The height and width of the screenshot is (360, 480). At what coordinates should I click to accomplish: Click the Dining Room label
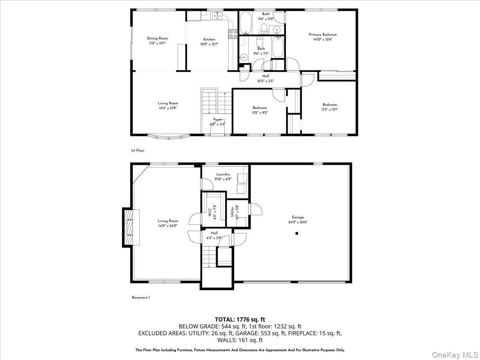(157, 38)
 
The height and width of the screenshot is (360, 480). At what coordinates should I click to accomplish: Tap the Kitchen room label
(209, 39)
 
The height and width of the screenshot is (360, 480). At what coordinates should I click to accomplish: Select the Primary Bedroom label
(322, 35)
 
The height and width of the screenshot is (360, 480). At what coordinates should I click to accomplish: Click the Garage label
(298, 217)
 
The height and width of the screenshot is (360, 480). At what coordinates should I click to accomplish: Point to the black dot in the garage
(297, 233)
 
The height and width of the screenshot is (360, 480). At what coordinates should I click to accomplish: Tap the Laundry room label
(223, 174)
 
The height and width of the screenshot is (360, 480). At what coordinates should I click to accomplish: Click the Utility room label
(232, 212)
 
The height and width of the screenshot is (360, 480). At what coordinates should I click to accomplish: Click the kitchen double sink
(216, 16)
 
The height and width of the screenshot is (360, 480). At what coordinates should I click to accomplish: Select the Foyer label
(217, 119)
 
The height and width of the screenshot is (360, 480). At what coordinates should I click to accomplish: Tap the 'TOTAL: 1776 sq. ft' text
(240, 319)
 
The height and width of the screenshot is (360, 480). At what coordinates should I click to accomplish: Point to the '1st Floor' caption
(137, 150)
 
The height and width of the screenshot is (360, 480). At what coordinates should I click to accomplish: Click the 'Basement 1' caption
(140, 297)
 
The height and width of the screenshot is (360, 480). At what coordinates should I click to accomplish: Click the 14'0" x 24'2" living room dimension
(168, 226)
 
